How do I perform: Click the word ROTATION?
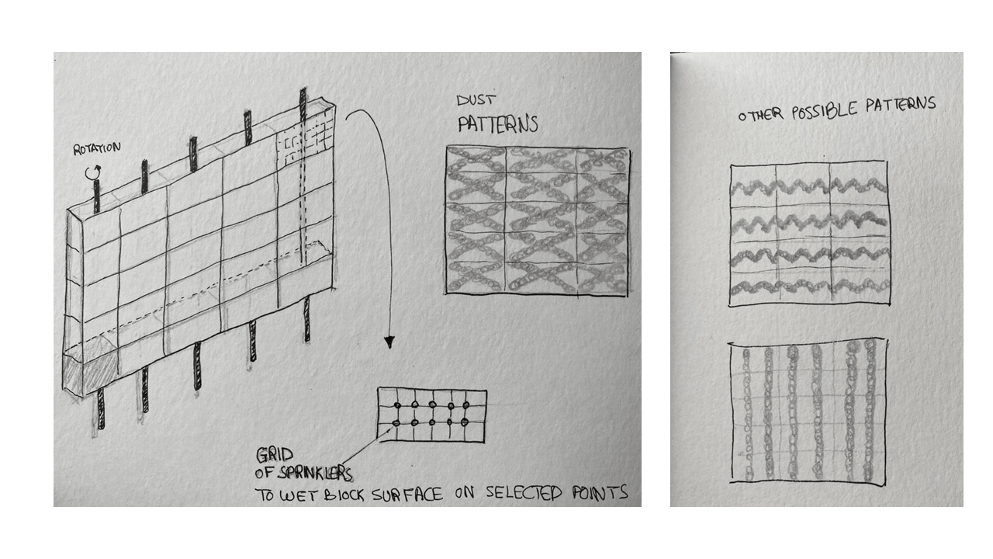click(97, 148)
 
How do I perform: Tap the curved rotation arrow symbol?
click(94, 172)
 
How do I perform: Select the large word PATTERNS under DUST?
click(498, 124)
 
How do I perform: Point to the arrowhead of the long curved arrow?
click(389, 342)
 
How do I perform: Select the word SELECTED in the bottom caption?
click(524, 493)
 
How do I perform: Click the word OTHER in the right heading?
click(761, 116)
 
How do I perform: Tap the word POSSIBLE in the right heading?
click(825, 111)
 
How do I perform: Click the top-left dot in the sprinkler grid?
click(397, 405)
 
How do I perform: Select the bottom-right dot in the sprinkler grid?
click(464, 422)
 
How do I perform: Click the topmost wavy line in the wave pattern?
click(809, 186)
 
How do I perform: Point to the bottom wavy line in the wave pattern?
click(809, 286)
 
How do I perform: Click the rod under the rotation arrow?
click(97, 196)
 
